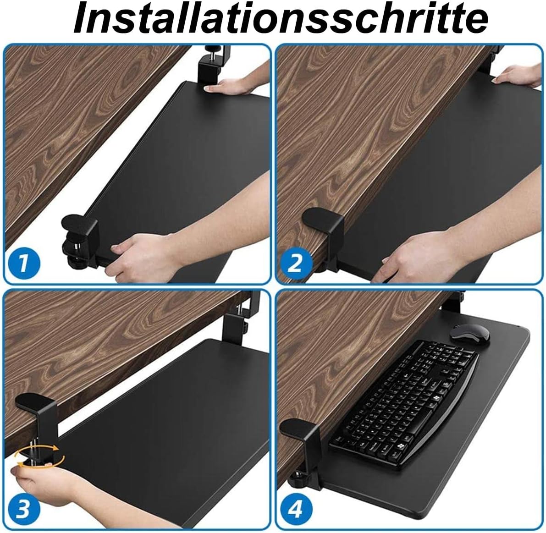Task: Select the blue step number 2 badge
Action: click(x=295, y=264)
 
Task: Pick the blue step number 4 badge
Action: click(x=296, y=509)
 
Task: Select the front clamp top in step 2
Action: click(x=320, y=215)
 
